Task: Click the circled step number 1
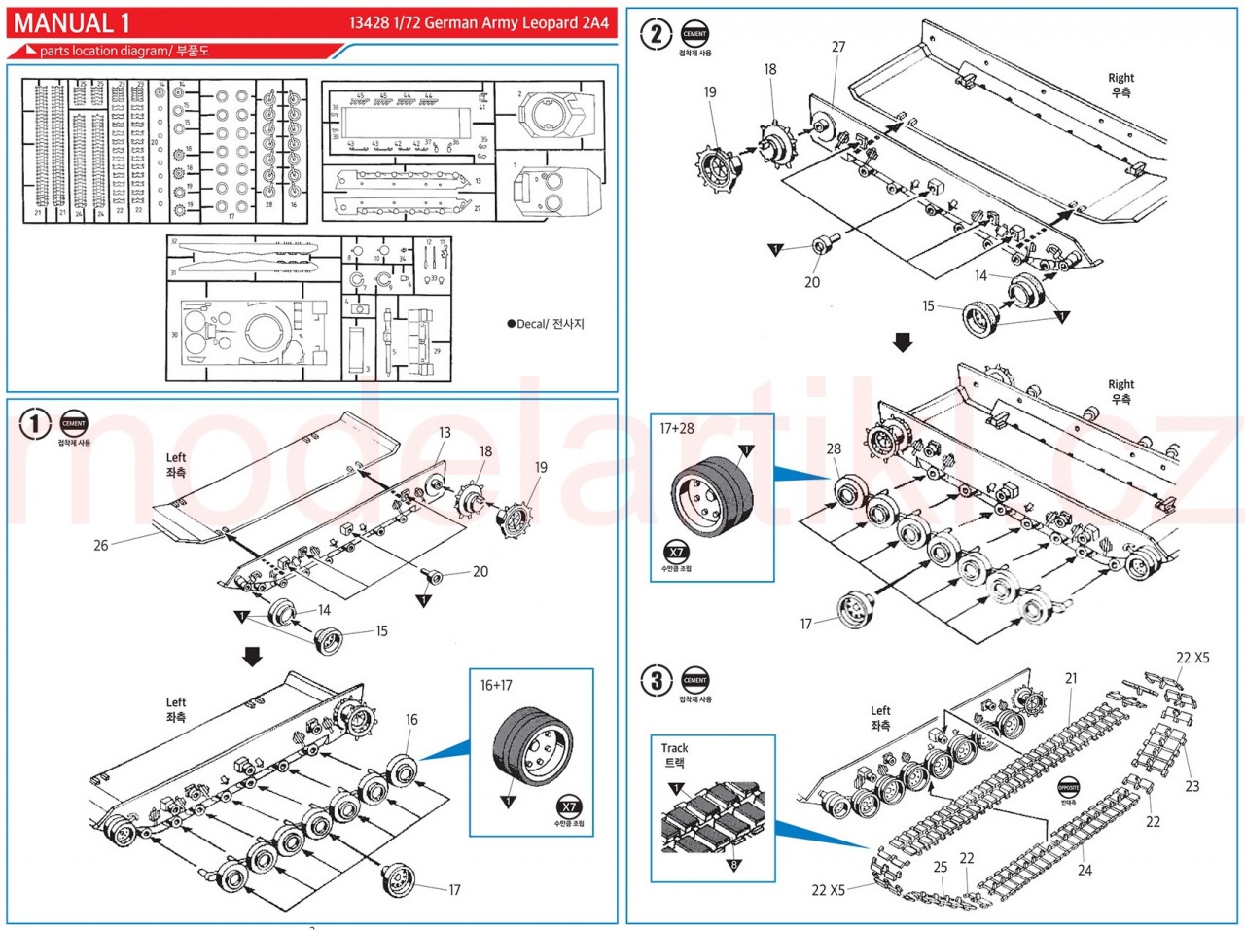click(x=35, y=424)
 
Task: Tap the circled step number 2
click(x=656, y=34)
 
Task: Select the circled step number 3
click(x=657, y=680)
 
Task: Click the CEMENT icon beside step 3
click(x=694, y=680)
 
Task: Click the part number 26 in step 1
click(x=101, y=545)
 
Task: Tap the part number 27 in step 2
click(x=838, y=47)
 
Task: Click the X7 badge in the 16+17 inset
click(x=569, y=806)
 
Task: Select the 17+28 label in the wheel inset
click(x=677, y=428)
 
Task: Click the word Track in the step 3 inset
click(x=674, y=748)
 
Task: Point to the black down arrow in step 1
click(x=253, y=657)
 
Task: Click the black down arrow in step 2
click(x=903, y=342)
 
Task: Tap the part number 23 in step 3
click(x=1192, y=786)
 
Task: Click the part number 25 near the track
click(x=940, y=866)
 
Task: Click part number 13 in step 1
click(x=445, y=433)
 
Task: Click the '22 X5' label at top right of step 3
click(x=1192, y=658)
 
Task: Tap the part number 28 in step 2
click(x=834, y=448)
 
